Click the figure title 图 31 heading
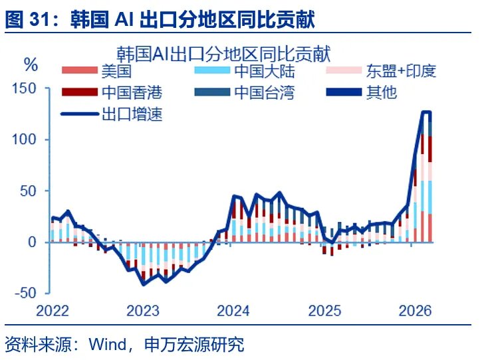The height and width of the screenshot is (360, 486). [160, 18]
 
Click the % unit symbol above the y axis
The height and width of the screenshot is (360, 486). [31, 64]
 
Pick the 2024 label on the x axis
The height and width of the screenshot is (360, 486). [233, 311]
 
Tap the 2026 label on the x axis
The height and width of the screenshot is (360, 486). [416, 311]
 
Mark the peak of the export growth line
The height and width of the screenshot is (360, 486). [425, 112]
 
